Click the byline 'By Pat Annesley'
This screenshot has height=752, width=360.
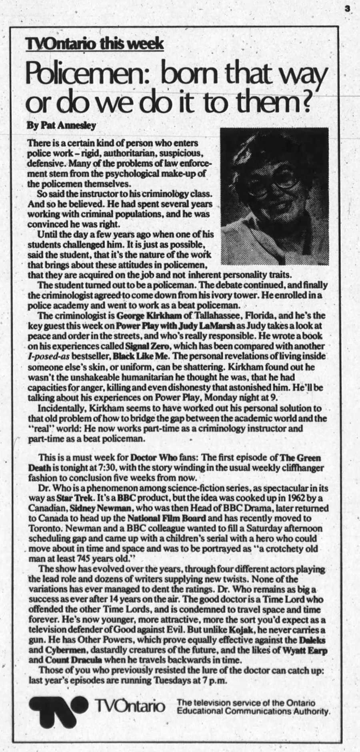coord(61,125)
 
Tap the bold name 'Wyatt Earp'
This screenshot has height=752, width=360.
coord(305,650)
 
